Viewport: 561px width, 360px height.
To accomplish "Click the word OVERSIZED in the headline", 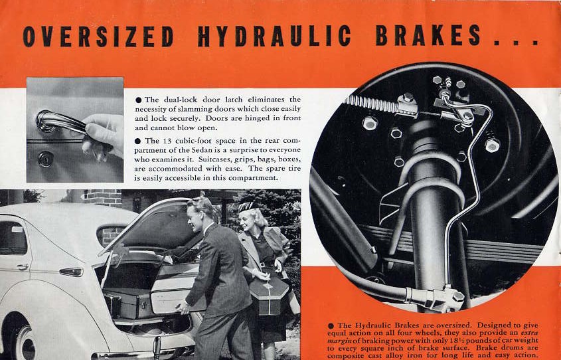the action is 98,36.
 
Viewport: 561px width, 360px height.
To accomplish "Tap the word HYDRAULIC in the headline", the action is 274,36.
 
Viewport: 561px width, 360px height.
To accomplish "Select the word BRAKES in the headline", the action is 428,35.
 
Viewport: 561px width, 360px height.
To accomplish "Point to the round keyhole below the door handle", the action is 46,159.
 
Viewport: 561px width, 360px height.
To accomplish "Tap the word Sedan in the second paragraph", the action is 203,150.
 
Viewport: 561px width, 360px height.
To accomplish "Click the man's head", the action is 200,215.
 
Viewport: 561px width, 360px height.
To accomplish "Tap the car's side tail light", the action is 71,272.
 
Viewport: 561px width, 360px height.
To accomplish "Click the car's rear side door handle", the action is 23,266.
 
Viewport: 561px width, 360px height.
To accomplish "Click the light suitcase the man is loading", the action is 175,289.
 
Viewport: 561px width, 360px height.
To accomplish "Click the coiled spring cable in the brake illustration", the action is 370,104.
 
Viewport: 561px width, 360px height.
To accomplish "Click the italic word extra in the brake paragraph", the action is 530,333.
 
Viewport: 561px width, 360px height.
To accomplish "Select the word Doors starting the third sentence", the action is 216,118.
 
